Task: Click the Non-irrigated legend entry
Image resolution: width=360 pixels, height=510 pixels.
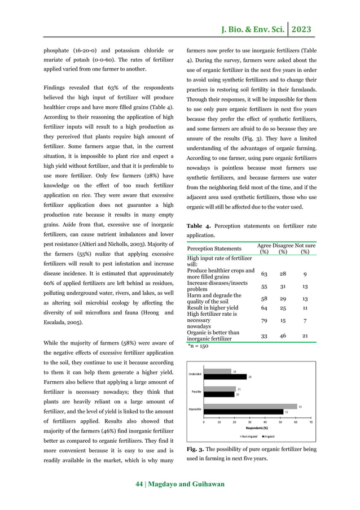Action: (249, 436)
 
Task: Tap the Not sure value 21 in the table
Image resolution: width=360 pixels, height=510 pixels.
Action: (305, 335)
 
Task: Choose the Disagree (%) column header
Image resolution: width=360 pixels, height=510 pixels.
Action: (284, 249)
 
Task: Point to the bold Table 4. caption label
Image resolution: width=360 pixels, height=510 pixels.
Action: (200, 226)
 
